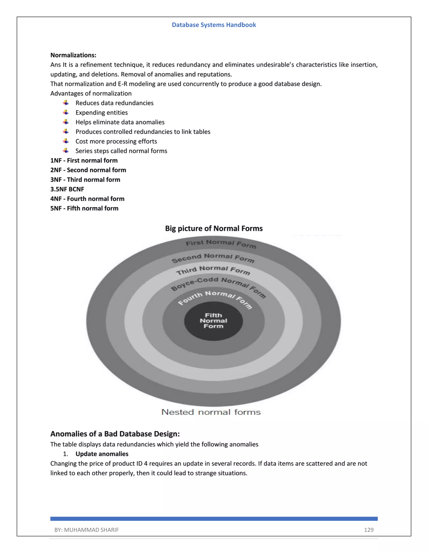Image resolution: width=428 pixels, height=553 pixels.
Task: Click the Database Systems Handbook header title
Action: pyautogui.click(x=214, y=25)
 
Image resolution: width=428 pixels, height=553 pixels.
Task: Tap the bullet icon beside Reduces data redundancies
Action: pyautogui.click(x=66, y=103)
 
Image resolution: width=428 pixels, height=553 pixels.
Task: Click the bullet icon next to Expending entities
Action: pyautogui.click(x=66, y=112)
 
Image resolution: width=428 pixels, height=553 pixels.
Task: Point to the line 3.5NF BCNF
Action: pyautogui.click(x=67, y=189)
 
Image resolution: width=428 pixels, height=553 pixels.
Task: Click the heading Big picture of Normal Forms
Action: pyautogui.click(x=214, y=228)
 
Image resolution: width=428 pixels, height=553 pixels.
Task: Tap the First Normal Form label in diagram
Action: pyautogui.click(x=221, y=244)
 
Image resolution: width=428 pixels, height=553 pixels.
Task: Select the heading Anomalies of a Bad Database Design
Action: pyautogui.click(x=115, y=434)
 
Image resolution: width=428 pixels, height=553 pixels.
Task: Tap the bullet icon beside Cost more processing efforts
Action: pyautogui.click(x=66, y=141)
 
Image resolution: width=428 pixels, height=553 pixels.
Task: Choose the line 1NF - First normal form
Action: pyautogui.click(x=84, y=160)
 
